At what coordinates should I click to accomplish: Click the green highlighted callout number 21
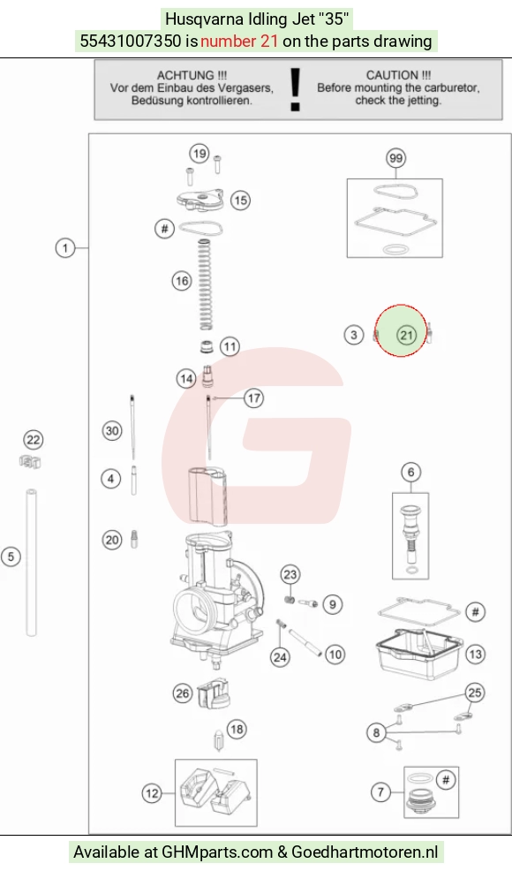(x=406, y=335)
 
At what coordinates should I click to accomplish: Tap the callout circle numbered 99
(x=395, y=158)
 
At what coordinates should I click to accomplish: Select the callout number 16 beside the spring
(x=182, y=281)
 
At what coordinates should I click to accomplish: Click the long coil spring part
(x=206, y=284)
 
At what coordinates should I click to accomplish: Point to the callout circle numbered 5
(x=11, y=557)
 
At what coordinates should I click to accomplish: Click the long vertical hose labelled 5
(x=32, y=562)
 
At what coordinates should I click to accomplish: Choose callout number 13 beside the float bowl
(x=475, y=655)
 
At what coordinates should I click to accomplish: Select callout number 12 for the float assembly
(x=152, y=793)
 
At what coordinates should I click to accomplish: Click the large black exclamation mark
(x=296, y=89)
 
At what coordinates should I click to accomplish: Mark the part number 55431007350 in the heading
(x=131, y=42)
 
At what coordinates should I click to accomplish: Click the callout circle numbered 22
(x=34, y=440)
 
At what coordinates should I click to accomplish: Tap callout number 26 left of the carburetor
(x=182, y=693)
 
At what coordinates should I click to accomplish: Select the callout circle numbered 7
(x=380, y=791)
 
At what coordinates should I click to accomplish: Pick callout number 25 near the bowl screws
(x=475, y=693)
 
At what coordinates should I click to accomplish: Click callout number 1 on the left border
(x=65, y=247)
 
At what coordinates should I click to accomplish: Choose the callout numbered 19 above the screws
(x=200, y=154)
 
